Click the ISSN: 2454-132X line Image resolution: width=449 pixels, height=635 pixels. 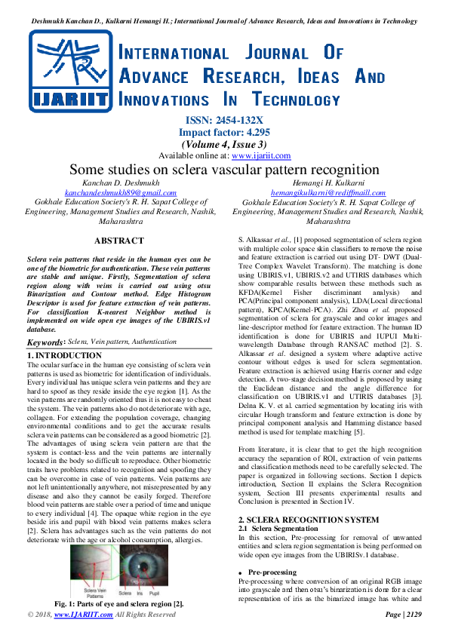(x=224, y=120)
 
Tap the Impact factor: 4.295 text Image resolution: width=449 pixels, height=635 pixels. (x=224, y=132)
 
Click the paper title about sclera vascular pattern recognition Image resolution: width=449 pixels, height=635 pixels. (x=224, y=170)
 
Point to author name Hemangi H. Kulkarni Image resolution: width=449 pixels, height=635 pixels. (x=333, y=183)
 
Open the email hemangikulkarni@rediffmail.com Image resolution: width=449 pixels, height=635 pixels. (x=333, y=193)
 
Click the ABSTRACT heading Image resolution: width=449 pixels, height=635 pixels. (x=118, y=241)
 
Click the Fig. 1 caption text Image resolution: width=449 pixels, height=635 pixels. (x=119, y=605)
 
